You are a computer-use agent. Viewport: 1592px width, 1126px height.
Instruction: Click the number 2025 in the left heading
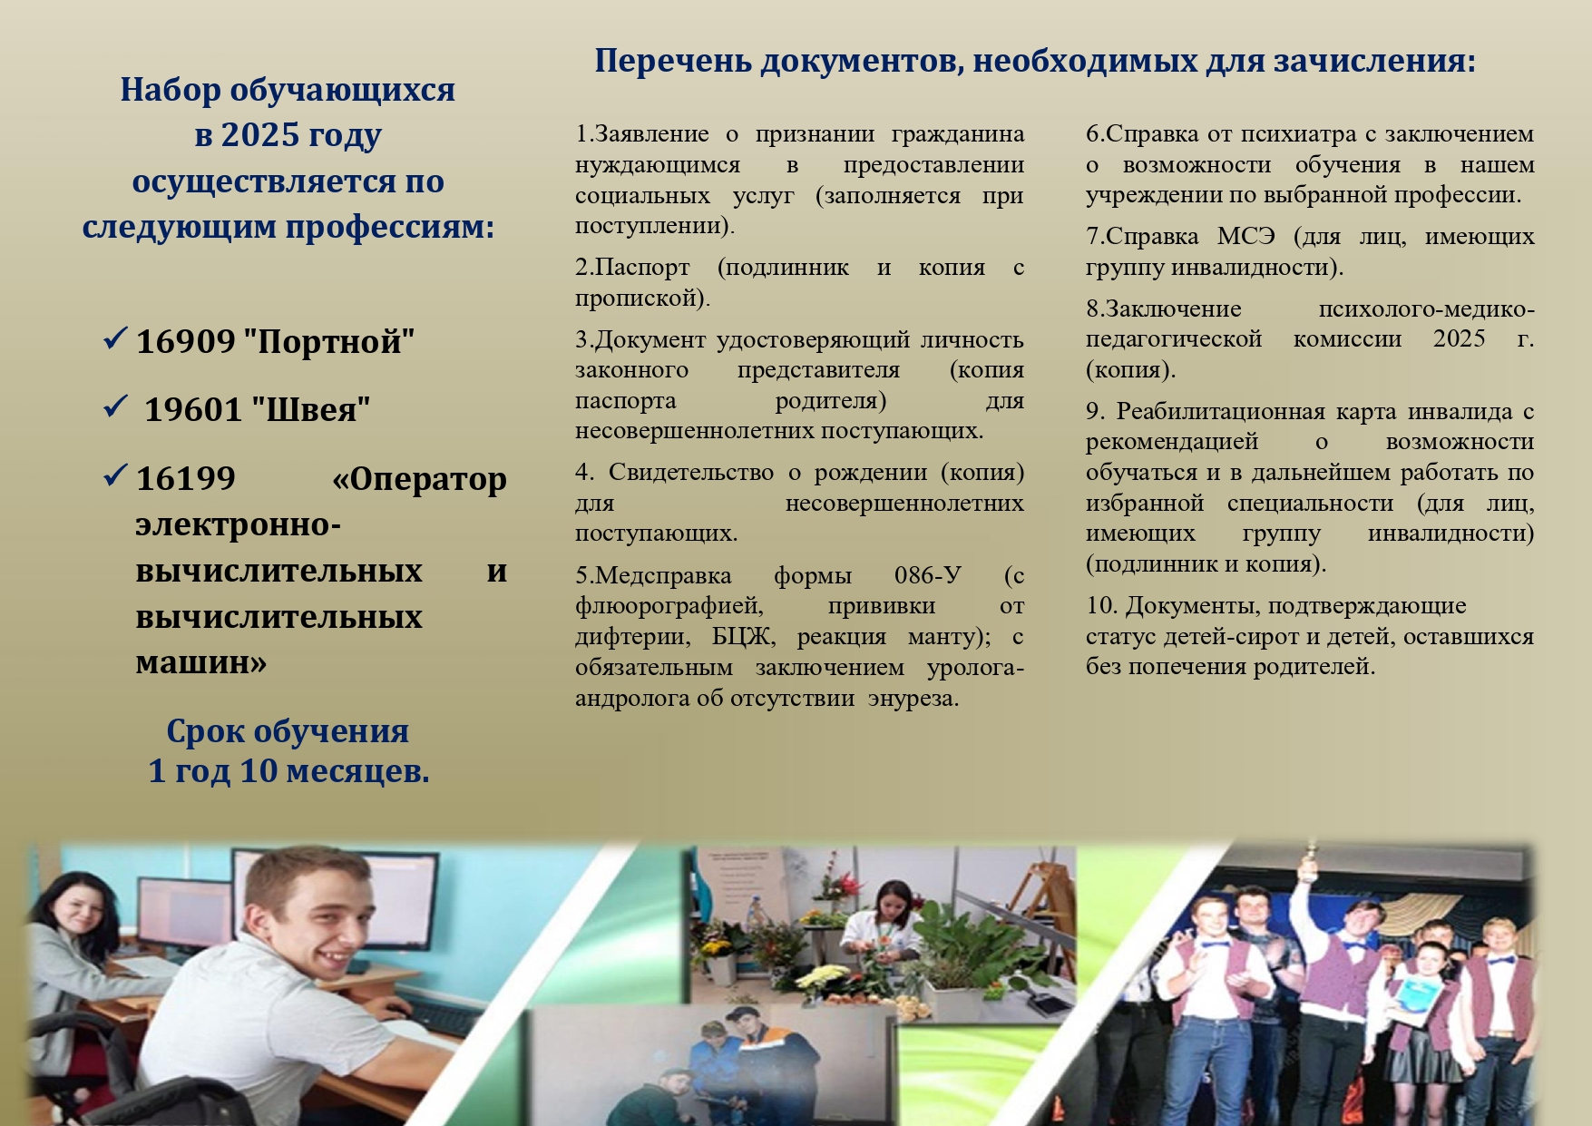tap(260, 135)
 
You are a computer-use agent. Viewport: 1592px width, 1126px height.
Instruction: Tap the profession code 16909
tap(186, 342)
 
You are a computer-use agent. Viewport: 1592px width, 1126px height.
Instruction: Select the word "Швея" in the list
tap(310, 410)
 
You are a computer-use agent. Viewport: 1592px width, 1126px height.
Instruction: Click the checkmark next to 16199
tap(115, 475)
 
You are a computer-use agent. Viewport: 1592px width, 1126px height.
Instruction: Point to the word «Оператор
tap(419, 479)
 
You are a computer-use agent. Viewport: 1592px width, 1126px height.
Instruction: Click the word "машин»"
tap(201, 662)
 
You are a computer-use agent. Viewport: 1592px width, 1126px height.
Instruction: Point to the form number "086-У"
tap(928, 575)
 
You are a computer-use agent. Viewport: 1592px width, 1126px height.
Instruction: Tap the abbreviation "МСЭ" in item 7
tap(1246, 237)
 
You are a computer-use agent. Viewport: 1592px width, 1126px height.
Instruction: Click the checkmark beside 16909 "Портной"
tap(115, 338)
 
